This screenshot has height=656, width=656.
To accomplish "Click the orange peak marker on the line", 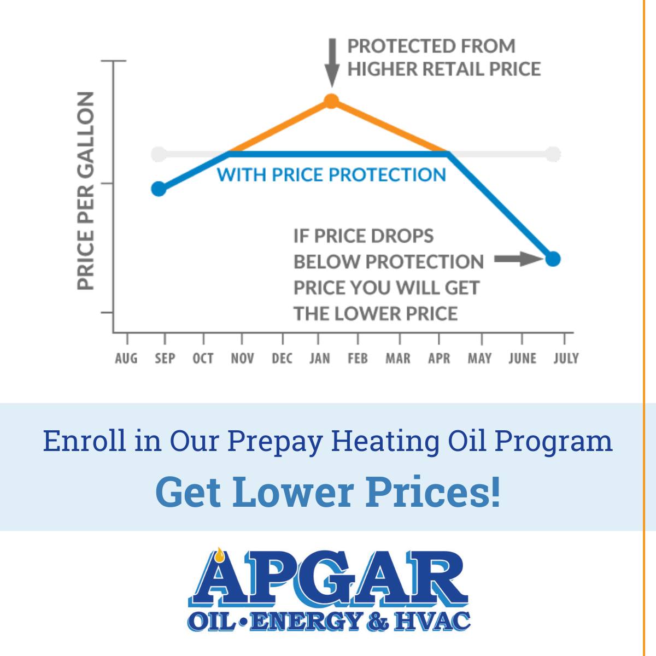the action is point(331,101).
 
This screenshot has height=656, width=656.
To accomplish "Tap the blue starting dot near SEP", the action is point(159,189).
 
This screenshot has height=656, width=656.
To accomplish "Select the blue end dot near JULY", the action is point(553,259).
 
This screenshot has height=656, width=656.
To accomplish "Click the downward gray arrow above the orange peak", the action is point(332,63).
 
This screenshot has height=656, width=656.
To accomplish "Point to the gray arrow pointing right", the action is point(519,259).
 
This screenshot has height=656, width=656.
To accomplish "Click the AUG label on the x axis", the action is point(126,359).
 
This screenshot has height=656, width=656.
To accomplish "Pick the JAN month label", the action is point(320,359).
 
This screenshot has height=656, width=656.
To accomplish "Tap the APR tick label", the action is point(439,359).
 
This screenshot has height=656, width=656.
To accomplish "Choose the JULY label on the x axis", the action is point(566,359).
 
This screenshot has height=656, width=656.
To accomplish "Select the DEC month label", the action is point(282,359).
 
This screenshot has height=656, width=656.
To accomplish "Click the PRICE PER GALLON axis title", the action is point(85,191).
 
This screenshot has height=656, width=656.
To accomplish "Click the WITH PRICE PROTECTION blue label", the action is point(331,174).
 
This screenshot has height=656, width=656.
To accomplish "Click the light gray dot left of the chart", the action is point(159,154).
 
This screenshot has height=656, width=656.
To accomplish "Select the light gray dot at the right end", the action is point(553,154).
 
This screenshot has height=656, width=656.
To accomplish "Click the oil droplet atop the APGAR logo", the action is point(220,555).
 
